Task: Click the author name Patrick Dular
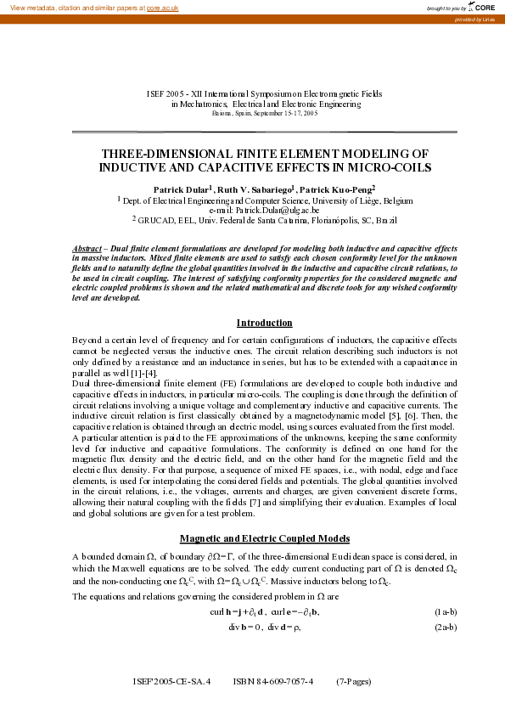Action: point(180,189)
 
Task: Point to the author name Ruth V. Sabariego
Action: point(255,189)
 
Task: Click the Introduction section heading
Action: point(264,323)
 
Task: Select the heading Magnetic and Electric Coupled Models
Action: point(264,538)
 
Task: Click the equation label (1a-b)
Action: point(446,611)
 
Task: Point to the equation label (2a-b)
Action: point(446,627)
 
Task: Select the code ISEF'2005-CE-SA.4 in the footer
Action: point(171,681)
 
